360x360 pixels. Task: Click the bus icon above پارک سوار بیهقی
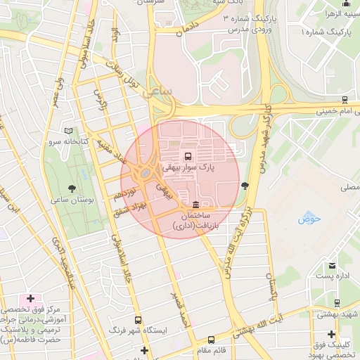coord(188,156)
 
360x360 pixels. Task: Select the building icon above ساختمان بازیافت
coord(195,204)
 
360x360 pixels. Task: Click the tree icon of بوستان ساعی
coord(72,188)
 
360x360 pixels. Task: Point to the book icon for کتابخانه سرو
coord(68,131)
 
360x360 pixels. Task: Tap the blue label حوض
coord(309,219)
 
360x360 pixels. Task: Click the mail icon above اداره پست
coord(331,266)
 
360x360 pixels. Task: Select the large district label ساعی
coord(157,91)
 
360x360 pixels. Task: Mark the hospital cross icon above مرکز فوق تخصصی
coord(30,298)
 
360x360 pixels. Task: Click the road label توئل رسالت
coord(124,73)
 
